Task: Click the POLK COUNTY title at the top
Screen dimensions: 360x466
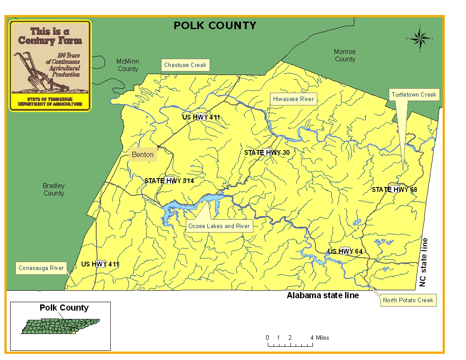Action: (x=215, y=26)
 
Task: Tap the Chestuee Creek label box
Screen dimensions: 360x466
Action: (x=185, y=65)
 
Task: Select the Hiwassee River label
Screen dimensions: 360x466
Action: (x=293, y=99)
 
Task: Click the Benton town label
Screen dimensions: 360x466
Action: (x=143, y=154)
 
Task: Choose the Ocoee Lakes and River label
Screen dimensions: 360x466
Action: (x=219, y=226)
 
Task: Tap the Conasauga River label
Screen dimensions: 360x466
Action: (x=41, y=268)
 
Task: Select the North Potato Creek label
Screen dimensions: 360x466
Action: (x=408, y=300)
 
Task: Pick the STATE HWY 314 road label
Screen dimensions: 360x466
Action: (x=169, y=181)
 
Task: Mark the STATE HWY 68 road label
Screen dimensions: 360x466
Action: (x=394, y=190)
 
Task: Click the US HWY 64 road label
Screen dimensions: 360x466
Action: (x=345, y=251)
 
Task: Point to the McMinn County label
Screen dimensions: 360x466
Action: (x=128, y=65)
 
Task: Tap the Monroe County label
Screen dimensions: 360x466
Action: (x=345, y=56)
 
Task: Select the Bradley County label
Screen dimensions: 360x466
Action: (x=54, y=190)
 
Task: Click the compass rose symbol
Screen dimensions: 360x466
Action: (x=420, y=39)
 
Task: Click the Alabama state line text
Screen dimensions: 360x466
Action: (x=323, y=296)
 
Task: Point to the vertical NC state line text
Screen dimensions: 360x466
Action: (x=424, y=262)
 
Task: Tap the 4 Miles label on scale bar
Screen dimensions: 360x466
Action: (x=320, y=338)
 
